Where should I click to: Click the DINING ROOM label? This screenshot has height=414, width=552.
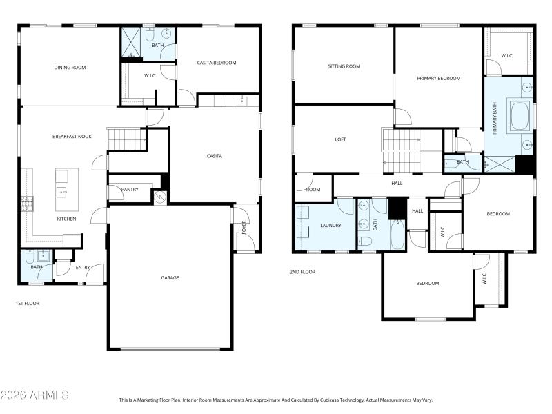[x=70, y=67]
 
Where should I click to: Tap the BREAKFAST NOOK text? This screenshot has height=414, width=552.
[x=72, y=137]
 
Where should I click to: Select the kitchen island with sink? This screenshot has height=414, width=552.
[x=66, y=190]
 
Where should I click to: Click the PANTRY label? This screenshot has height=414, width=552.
[x=130, y=189]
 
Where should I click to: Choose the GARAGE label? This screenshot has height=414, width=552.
[x=170, y=277]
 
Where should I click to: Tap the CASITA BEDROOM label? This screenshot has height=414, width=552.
[x=217, y=63]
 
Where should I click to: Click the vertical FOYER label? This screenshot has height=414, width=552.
[x=244, y=228]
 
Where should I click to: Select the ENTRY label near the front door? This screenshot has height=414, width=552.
[x=83, y=267]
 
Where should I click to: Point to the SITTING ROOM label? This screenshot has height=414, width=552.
[x=344, y=66]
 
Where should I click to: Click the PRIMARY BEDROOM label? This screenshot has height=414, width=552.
[x=438, y=78]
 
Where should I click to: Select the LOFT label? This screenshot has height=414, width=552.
[x=340, y=139]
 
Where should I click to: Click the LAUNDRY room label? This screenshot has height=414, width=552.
[x=331, y=225]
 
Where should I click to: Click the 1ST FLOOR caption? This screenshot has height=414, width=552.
[x=28, y=303]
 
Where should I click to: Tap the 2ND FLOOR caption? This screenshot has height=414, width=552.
[x=302, y=272]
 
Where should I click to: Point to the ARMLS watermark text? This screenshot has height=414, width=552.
[x=34, y=395]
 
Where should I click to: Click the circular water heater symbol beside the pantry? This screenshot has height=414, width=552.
[x=160, y=197]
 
